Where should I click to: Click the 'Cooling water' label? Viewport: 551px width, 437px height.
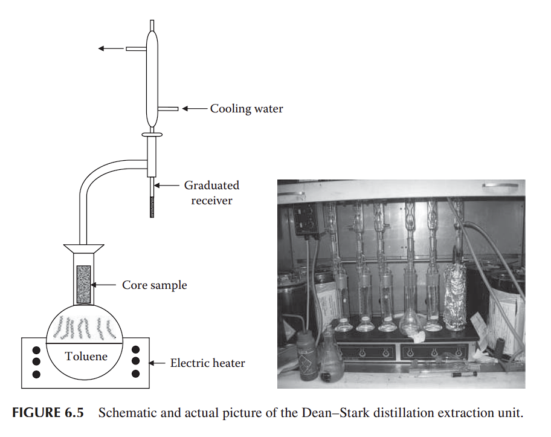click(246, 109)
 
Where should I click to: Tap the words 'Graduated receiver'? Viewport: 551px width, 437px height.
click(211, 192)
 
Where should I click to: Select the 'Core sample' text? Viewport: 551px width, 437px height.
click(155, 285)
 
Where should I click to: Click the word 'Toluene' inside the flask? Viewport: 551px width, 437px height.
click(86, 356)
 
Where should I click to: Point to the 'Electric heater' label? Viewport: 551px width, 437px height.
click(207, 363)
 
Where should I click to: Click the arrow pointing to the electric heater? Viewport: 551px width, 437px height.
click(157, 363)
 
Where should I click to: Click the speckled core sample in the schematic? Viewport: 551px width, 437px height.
click(83, 284)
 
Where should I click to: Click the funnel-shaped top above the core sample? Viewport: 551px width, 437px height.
click(83, 248)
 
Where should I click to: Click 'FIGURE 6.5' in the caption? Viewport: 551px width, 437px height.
click(48, 413)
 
